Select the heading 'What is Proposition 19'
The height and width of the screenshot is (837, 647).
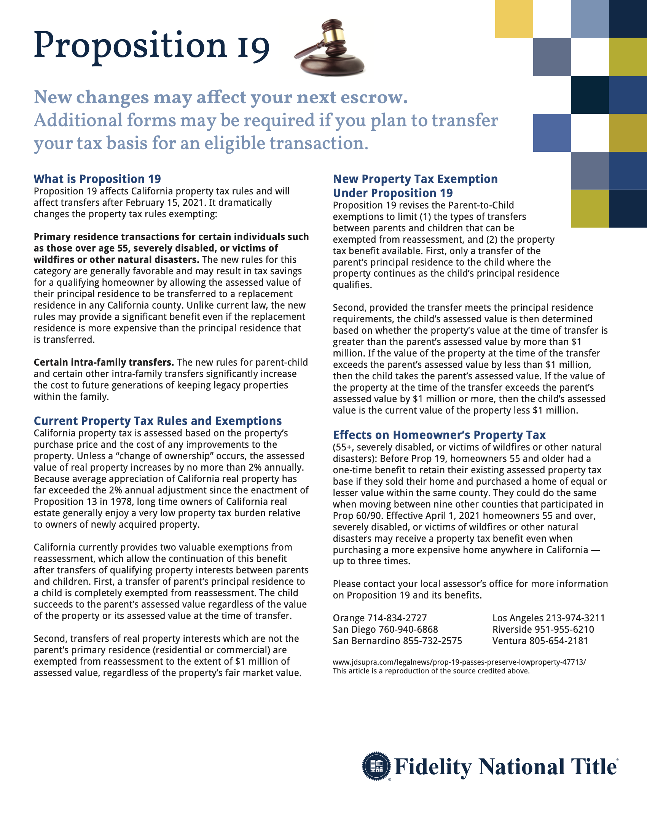(97, 179)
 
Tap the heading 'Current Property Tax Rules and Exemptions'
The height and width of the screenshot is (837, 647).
(158, 421)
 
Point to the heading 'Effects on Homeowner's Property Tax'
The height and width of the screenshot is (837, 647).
(439, 435)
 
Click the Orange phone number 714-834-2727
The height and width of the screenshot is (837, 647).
(397, 618)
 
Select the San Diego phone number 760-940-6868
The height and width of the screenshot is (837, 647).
(408, 630)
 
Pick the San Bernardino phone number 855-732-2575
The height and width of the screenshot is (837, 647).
(432, 641)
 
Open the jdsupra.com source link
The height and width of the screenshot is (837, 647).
(459, 662)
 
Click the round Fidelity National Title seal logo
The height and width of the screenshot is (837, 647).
(376, 766)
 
